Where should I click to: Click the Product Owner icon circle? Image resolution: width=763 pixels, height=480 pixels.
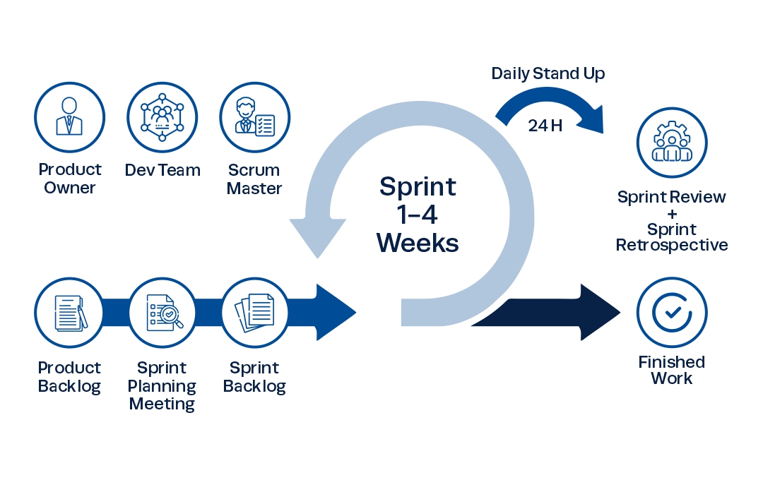click(69, 117)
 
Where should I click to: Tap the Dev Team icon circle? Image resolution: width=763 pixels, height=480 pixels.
click(162, 117)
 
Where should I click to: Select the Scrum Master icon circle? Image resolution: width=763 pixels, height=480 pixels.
click(254, 117)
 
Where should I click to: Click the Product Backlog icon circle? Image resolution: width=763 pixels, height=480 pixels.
click(69, 313)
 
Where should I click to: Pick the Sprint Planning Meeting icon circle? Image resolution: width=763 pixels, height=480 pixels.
click(162, 313)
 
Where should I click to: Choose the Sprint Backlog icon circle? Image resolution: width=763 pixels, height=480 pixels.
click(254, 313)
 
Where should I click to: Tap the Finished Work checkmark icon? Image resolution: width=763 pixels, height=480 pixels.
click(671, 312)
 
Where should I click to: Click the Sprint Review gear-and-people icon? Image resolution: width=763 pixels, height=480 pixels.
click(671, 142)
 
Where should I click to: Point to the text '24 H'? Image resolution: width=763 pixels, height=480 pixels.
click(545, 126)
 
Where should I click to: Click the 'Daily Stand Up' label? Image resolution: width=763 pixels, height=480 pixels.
click(548, 73)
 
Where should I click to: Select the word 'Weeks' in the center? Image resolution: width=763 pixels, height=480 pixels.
click(418, 243)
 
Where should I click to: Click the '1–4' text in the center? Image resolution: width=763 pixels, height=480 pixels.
click(418, 215)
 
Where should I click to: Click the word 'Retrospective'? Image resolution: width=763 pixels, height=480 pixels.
click(671, 246)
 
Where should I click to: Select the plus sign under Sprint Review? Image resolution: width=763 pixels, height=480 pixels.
click(671, 214)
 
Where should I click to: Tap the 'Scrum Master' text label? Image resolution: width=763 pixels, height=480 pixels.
click(254, 179)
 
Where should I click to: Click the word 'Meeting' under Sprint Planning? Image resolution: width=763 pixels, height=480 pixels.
click(162, 404)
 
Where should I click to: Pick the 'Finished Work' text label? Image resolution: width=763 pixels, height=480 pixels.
click(671, 370)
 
